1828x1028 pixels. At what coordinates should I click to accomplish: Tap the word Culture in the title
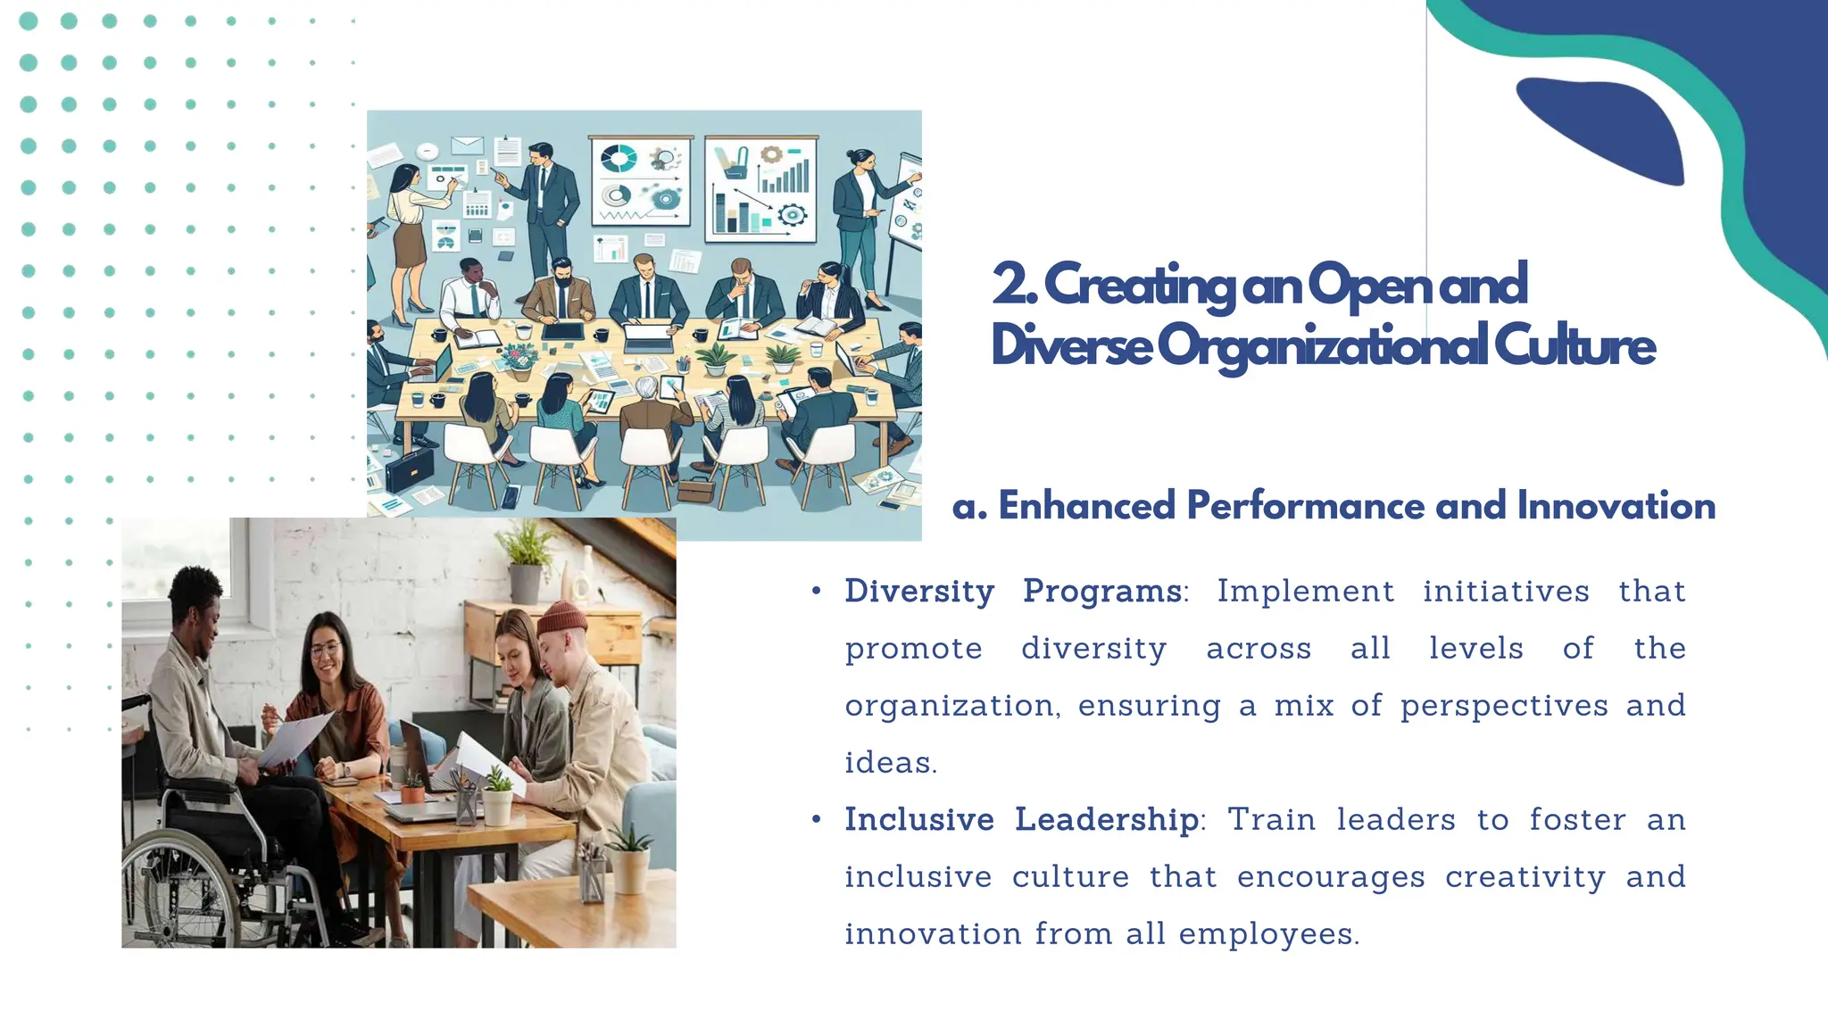1575,346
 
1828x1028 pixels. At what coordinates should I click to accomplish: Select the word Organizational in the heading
1322,346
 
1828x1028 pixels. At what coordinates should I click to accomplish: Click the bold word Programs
1102,592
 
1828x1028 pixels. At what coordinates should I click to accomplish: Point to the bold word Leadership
1107,820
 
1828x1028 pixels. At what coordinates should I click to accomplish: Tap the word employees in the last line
1268,934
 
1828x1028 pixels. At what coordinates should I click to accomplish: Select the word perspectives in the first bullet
1503,706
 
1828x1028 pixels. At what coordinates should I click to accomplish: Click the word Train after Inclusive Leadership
1271,820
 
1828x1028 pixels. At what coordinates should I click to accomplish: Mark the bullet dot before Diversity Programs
816,592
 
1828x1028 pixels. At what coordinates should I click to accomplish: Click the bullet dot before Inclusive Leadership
816,820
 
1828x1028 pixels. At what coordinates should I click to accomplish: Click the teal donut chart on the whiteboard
619,160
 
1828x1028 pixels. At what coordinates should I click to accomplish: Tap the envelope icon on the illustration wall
467,144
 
